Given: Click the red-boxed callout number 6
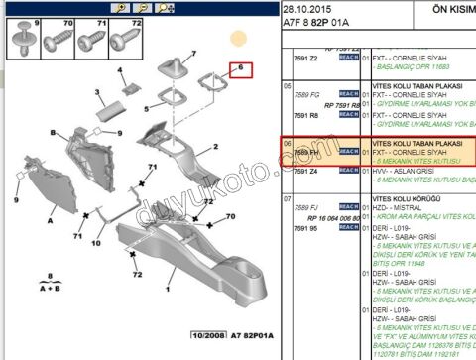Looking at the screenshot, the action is point(239,69).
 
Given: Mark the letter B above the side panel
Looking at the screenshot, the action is point(41,137).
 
